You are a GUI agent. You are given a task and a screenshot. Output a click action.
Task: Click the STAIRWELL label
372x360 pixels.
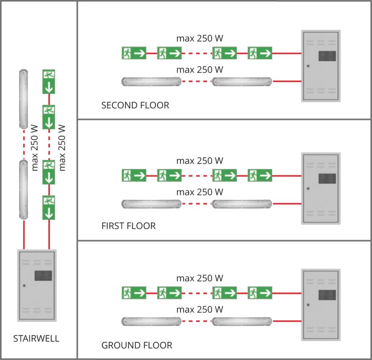(x=36, y=339)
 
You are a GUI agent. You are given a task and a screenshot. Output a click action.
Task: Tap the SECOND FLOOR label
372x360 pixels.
(x=135, y=106)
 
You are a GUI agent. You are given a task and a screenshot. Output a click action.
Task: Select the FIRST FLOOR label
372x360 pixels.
(x=128, y=226)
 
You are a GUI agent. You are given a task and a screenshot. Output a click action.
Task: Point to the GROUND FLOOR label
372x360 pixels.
(x=137, y=345)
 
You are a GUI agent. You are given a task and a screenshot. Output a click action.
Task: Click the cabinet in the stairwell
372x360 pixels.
(x=37, y=285)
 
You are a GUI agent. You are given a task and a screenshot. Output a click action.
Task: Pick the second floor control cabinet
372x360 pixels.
(x=321, y=65)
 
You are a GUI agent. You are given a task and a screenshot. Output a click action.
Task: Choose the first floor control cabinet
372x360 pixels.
(x=321, y=188)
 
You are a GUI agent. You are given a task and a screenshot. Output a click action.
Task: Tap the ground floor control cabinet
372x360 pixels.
(x=321, y=304)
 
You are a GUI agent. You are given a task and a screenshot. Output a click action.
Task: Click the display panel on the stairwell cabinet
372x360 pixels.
(x=43, y=276)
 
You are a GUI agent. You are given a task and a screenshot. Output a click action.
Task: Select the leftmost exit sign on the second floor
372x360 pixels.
(x=134, y=53)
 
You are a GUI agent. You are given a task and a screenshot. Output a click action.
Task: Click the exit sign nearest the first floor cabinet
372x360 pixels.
(x=260, y=176)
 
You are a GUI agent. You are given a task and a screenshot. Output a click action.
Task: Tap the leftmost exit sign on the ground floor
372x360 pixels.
(x=134, y=292)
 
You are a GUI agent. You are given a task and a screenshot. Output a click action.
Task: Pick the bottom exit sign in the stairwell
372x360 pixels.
(x=49, y=207)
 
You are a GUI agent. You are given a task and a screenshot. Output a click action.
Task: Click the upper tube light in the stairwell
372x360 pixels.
(x=24, y=99)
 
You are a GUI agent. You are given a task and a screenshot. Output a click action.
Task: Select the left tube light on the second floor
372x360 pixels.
(x=151, y=81)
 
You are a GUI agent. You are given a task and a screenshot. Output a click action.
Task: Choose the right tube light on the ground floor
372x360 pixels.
(x=242, y=321)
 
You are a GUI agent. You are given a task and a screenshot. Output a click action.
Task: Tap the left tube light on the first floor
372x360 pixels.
(x=151, y=203)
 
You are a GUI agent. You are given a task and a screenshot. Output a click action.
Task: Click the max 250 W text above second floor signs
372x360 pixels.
(x=199, y=38)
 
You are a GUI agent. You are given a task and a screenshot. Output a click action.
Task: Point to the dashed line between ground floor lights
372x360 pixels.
(x=197, y=321)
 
